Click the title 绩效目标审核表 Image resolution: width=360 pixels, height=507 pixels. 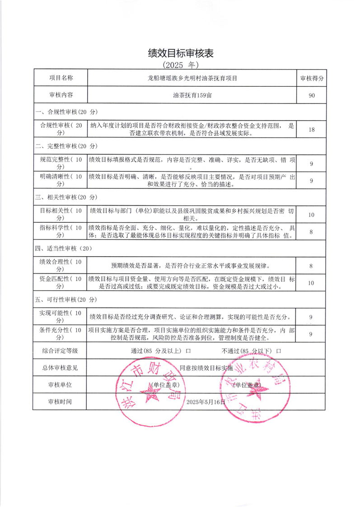coord(180,53)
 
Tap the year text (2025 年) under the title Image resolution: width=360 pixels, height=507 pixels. coord(180,65)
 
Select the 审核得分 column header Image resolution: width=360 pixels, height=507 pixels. coord(312,78)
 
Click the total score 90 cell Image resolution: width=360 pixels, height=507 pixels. coord(312,95)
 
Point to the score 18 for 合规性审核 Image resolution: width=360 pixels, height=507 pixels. coord(312,130)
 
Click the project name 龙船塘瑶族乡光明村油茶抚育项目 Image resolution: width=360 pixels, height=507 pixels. coord(192,78)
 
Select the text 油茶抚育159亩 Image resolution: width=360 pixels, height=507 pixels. coord(192,95)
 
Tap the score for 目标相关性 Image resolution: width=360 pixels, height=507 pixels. coord(312,215)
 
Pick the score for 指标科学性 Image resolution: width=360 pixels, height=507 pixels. coord(312,232)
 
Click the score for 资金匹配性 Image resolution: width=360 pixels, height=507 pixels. coord(312,283)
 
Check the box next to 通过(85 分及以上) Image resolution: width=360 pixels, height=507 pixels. coord(187,351)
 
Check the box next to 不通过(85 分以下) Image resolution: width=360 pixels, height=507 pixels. coord(279,351)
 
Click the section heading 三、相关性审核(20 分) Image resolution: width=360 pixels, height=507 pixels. coord(66,197)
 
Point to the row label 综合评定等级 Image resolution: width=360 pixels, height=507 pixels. coord(60,351)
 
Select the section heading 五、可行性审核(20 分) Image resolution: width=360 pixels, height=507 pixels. coord(66,300)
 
